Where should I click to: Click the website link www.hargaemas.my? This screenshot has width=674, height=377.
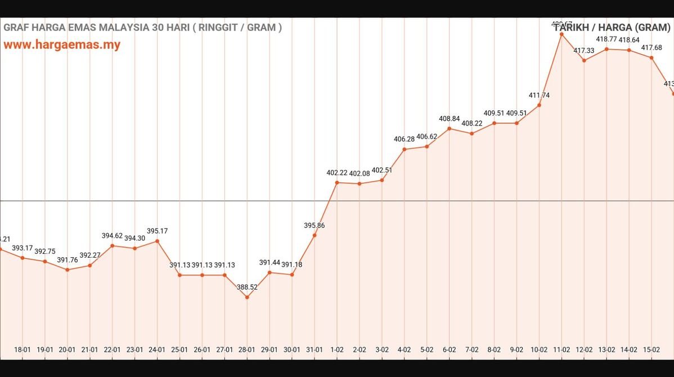pyautogui.click(x=62, y=45)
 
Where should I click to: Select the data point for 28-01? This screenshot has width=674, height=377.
pyautogui.click(x=247, y=297)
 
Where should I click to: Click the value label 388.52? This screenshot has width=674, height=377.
pyautogui.click(x=247, y=287)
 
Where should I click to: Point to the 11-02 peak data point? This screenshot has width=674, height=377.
pyautogui.click(x=561, y=34)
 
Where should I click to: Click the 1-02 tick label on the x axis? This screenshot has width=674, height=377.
pyautogui.click(x=337, y=349)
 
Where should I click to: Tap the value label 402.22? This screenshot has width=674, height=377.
pyautogui.click(x=337, y=173)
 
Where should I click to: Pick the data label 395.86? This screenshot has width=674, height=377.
pyautogui.click(x=314, y=225)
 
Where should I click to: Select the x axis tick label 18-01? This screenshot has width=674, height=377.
pyautogui.click(x=23, y=349)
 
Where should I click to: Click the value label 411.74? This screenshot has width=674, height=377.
pyautogui.click(x=539, y=95)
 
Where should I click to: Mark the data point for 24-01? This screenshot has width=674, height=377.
pyautogui.click(x=157, y=241)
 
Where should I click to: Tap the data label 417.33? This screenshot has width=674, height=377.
pyautogui.click(x=584, y=51)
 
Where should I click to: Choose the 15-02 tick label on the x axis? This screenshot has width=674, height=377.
pyautogui.click(x=651, y=349)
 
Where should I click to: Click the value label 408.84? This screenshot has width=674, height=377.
pyautogui.click(x=450, y=119)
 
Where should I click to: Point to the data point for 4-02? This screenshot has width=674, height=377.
pyautogui.click(x=405, y=149)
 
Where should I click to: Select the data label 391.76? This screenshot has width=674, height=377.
pyautogui.click(x=68, y=260)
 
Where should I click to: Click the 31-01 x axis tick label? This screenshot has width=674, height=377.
pyautogui.click(x=314, y=349)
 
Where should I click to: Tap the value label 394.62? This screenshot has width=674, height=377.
pyautogui.click(x=112, y=236)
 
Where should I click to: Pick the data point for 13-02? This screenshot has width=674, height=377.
pyautogui.click(x=606, y=49)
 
